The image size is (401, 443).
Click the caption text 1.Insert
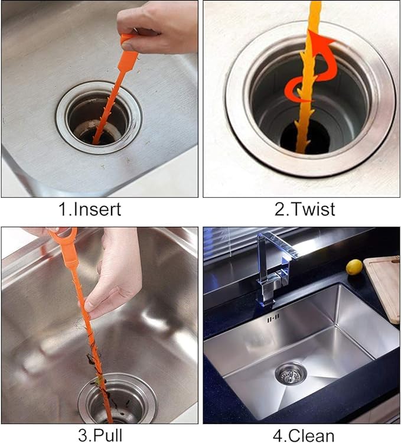coord(99,209)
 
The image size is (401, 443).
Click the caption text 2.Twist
coord(301,209)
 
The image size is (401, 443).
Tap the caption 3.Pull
coord(100,435)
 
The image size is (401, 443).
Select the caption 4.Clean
coord(302,435)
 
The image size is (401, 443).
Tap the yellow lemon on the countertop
coord(354,267)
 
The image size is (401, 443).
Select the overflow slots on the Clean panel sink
coord(272,319)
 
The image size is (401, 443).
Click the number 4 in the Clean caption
coord(278,435)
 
